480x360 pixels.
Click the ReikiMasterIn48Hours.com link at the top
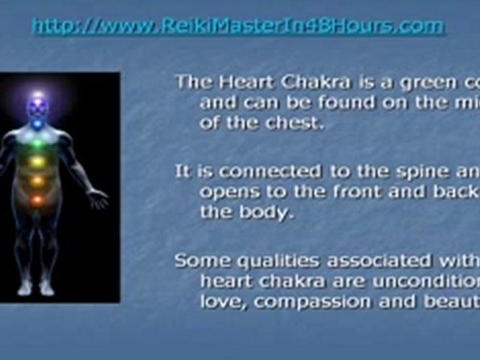(238, 26)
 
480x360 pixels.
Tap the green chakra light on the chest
(37, 143)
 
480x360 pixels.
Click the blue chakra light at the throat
(37, 122)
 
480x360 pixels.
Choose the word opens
(228, 192)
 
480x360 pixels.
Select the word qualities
(266, 261)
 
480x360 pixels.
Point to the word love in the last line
(219, 302)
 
